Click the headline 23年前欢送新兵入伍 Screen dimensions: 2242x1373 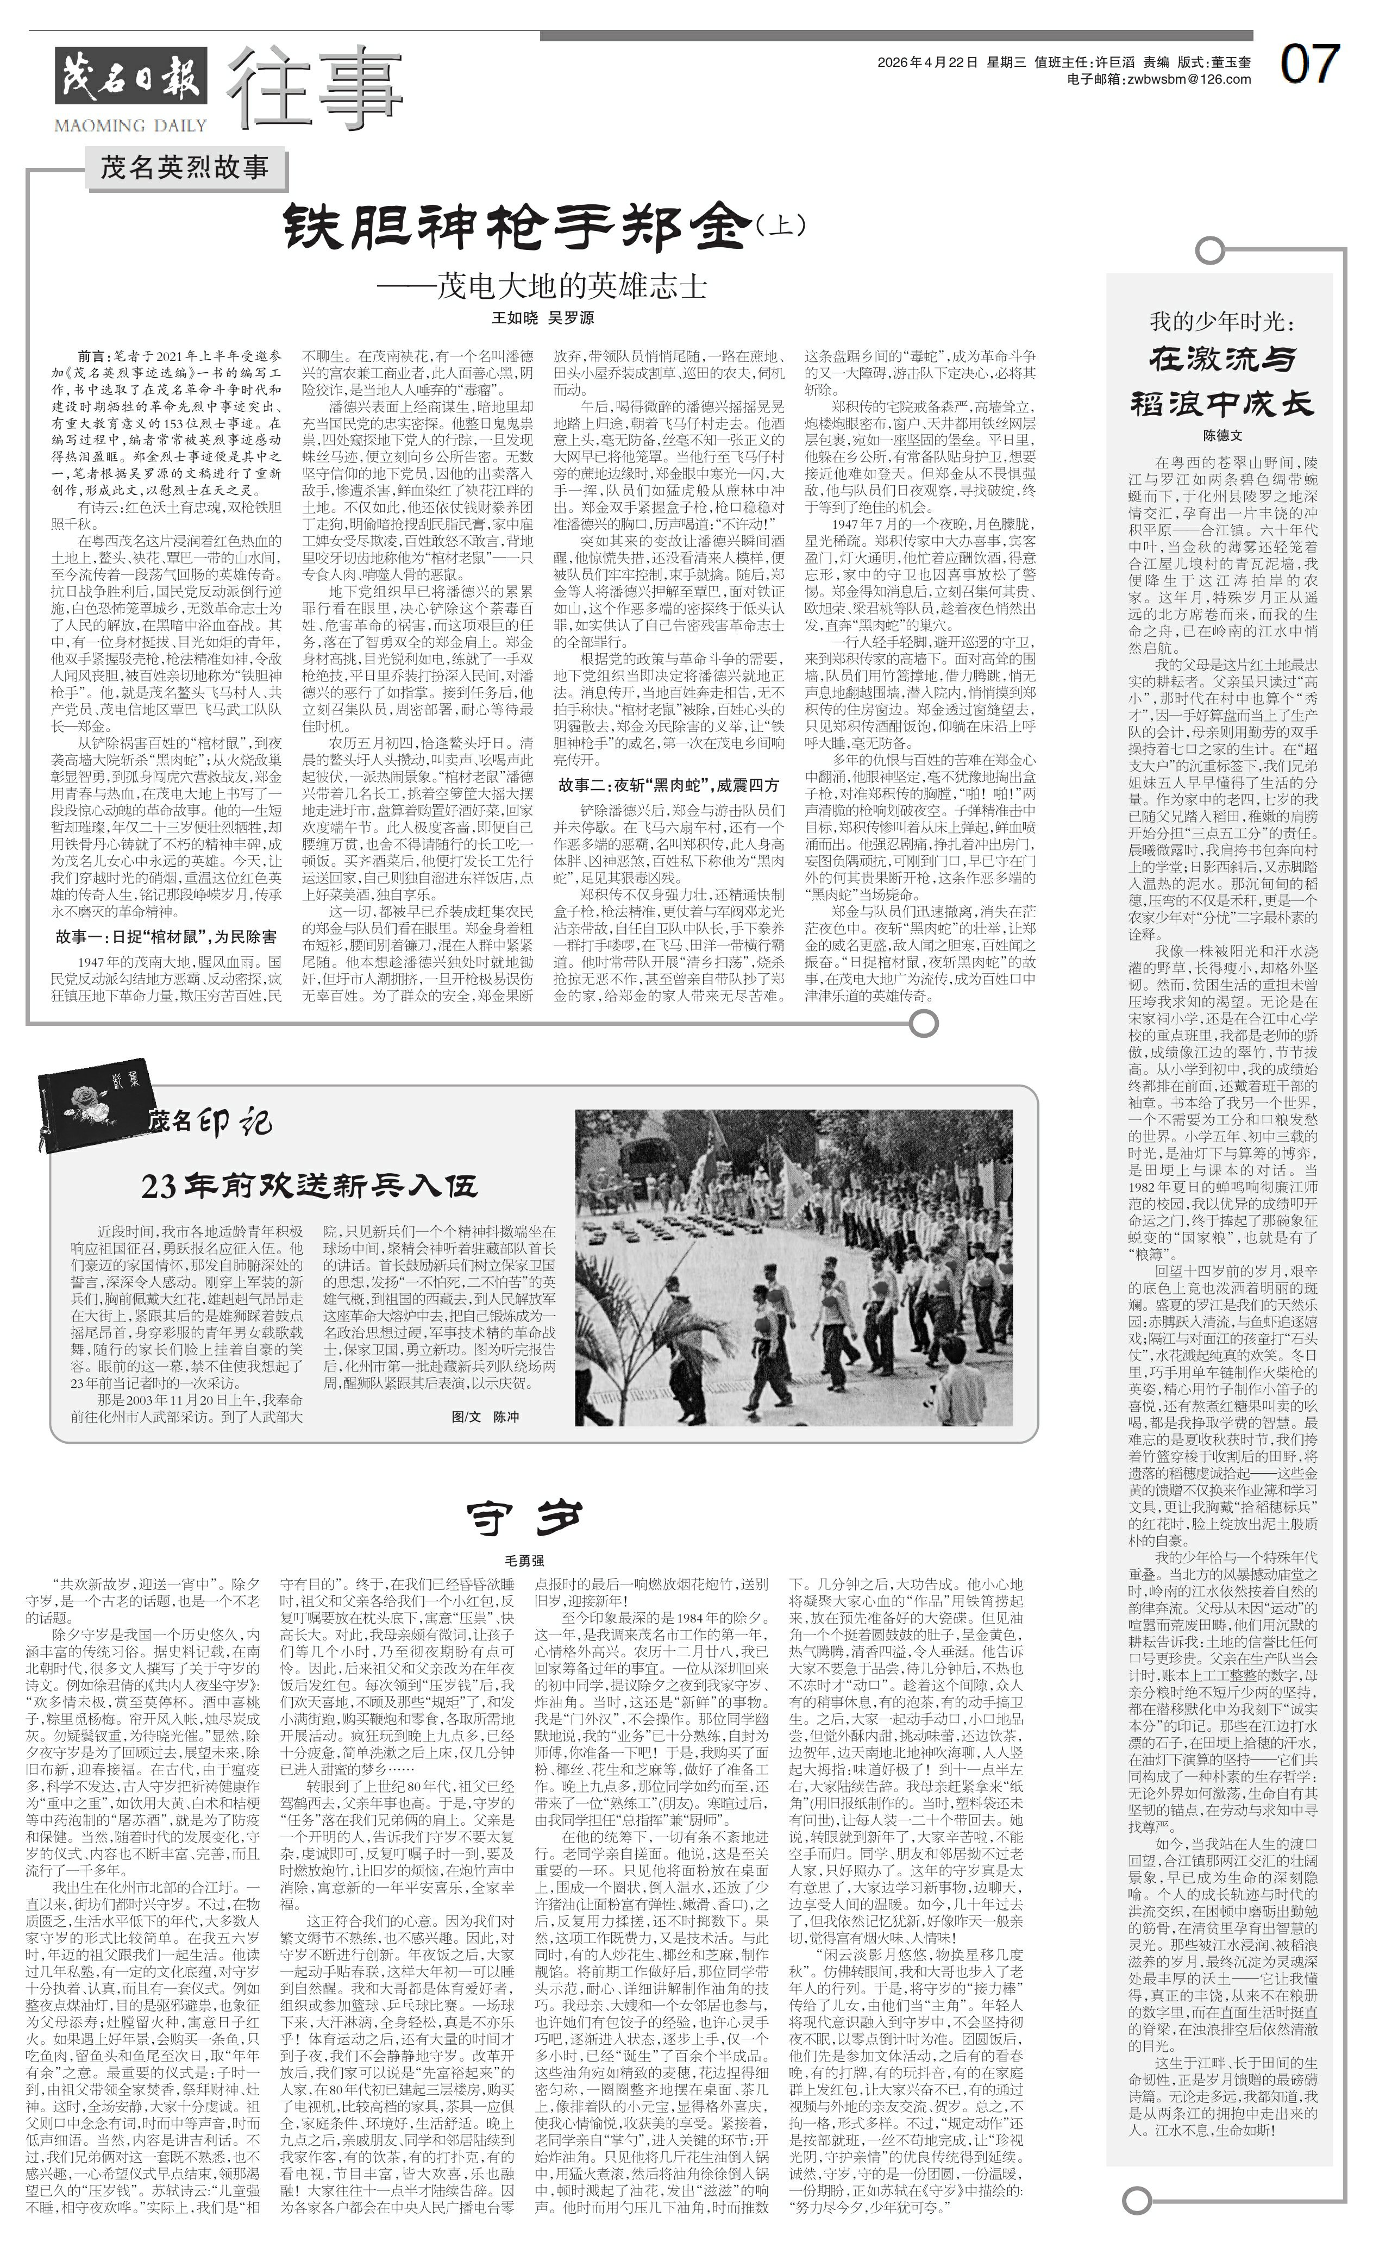click(309, 1187)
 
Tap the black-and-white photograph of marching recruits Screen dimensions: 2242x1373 click(801, 1268)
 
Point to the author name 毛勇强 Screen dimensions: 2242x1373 click(523, 1561)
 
